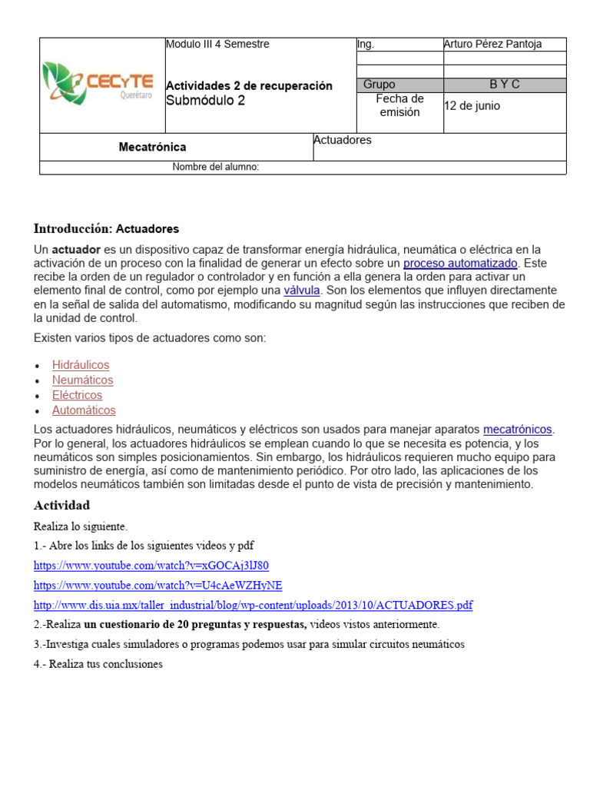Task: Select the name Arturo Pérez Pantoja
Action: pyautogui.click(x=492, y=45)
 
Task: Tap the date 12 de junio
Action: pyautogui.click(x=472, y=106)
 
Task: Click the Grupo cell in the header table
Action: pyautogui.click(x=380, y=85)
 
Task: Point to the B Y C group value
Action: pyautogui.click(x=505, y=85)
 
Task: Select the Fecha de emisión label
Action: pyautogui.click(x=399, y=106)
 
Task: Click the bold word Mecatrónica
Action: pyautogui.click(x=152, y=147)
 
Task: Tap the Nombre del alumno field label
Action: pyautogui.click(x=215, y=168)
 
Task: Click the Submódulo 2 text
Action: pyautogui.click(x=206, y=101)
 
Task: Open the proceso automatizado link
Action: pyautogui.click(x=461, y=264)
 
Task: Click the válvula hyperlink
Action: pyautogui.click(x=302, y=291)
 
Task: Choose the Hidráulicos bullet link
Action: pyautogui.click(x=81, y=365)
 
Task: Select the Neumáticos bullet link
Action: pyautogui.click(x=82, y=380)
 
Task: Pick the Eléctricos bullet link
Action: pyautogui.click(x=77, y=395)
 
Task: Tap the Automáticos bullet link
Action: pyautogui.click(x=84, y=410)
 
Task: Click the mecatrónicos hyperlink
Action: pyautogui.click(x=517, y=430)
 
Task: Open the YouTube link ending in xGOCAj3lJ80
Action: pyautogui.click(x=151, y=566)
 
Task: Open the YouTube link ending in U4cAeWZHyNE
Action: pyautogui.click(x=157, y=586)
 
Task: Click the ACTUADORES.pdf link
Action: pyautogui.click(x=253, y=605)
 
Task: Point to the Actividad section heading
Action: pyautogui.click(x=62, y=505)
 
